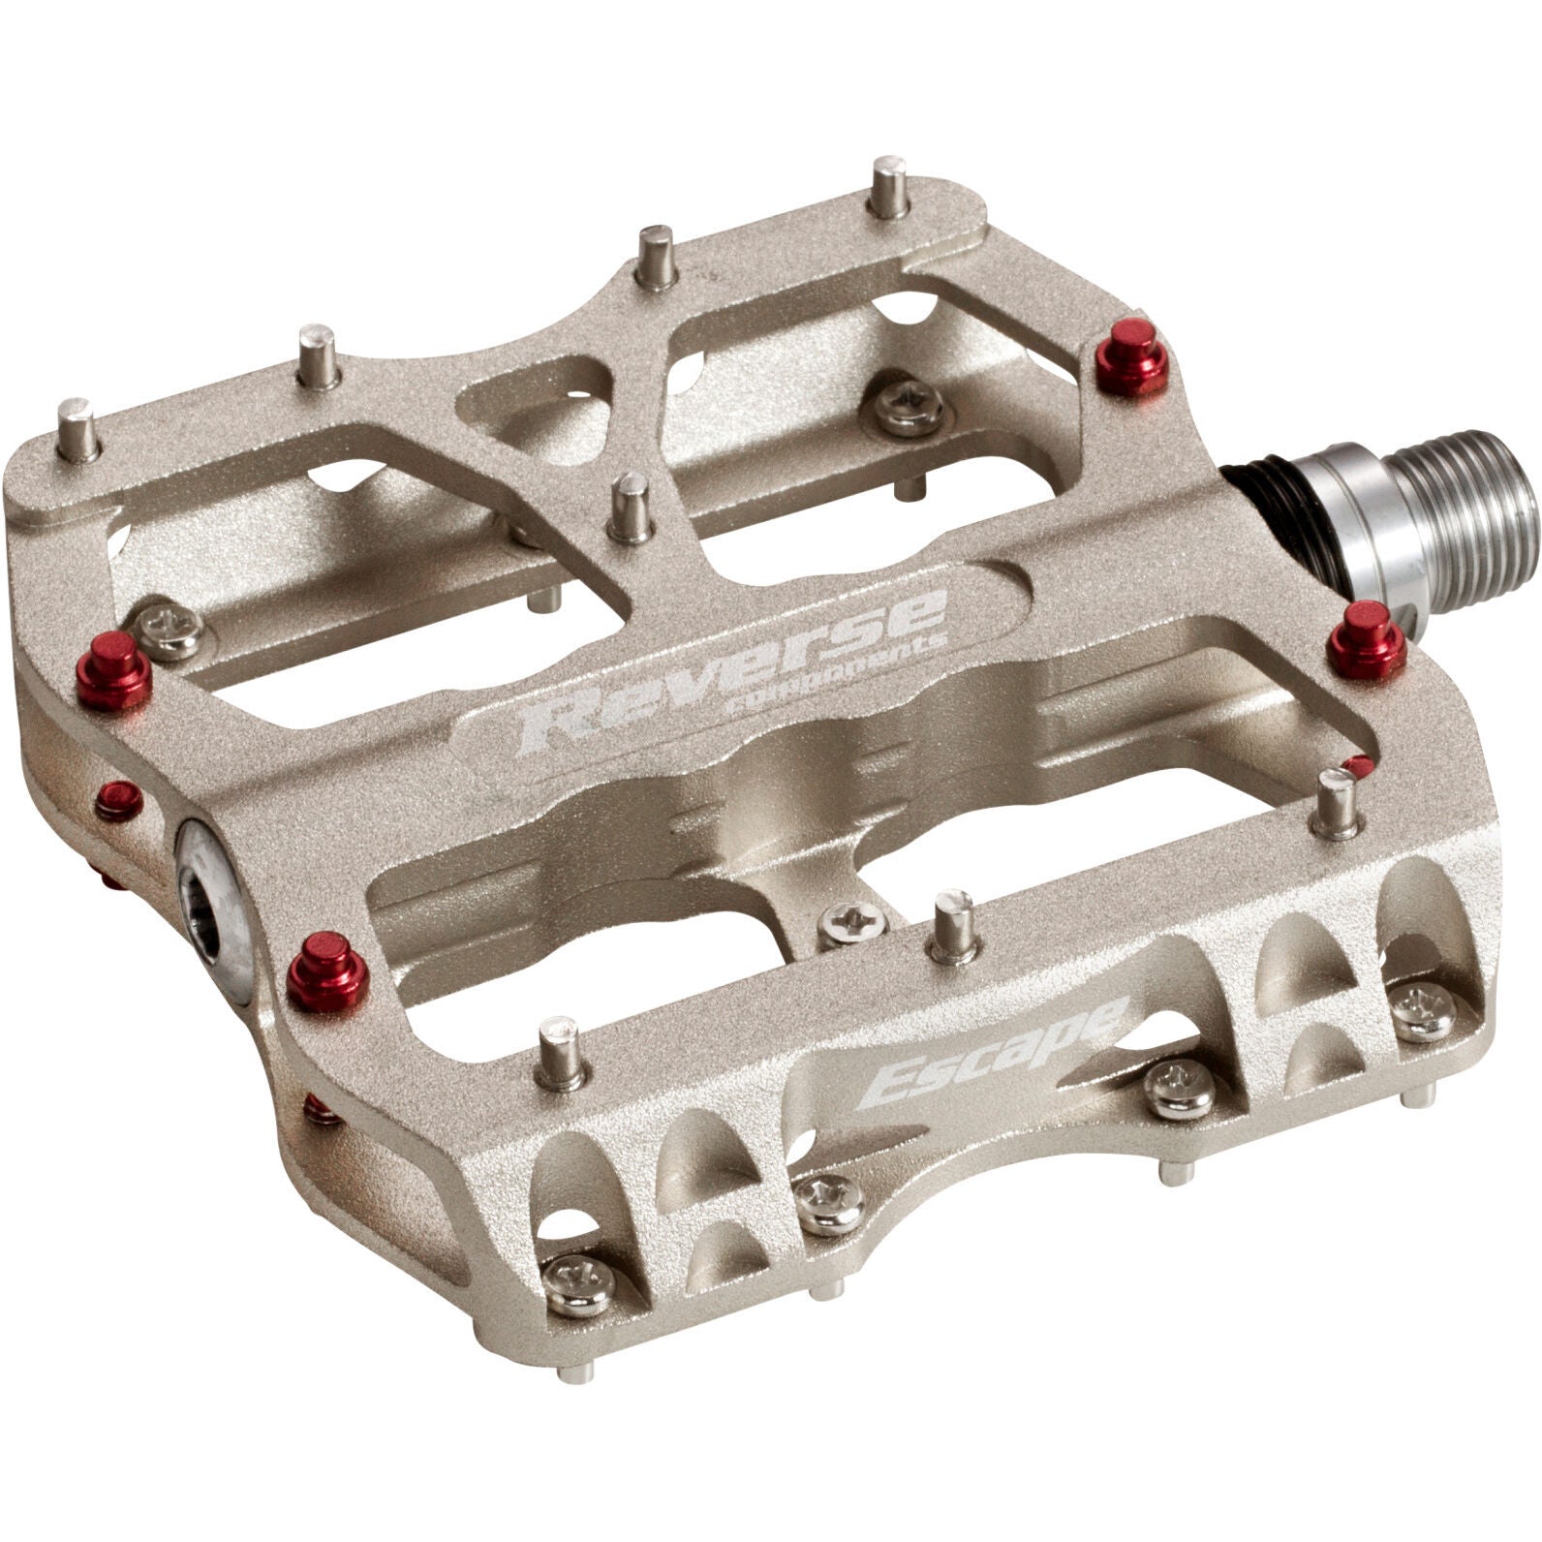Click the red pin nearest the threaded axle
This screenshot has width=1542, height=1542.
pos(1367,639)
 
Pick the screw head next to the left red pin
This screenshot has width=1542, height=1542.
pos(170,626)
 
